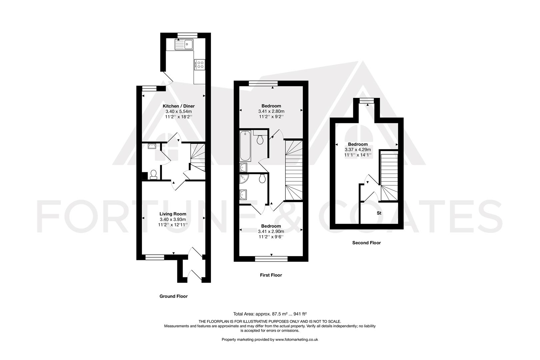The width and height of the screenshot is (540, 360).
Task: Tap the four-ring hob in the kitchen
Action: point(200,64)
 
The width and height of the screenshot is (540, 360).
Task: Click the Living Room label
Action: point(173,214)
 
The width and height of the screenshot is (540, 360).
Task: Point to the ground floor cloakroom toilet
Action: point(154,174)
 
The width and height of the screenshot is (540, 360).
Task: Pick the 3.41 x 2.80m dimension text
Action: point(271,111)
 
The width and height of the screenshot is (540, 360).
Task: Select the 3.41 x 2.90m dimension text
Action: point(271,231)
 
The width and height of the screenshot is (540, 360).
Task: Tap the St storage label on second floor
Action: point(379,213)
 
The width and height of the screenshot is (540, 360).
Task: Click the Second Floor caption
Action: point(366,243)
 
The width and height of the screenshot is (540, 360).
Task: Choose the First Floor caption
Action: point(271,275)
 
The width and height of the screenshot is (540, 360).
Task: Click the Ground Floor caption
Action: point(173,296)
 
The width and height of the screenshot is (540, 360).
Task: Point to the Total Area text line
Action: point(270,314)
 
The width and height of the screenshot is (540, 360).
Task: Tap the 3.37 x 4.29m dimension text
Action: point(358,150)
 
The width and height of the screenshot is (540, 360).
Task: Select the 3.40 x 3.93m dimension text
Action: point(173,219)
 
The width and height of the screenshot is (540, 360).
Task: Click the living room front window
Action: point(155,257)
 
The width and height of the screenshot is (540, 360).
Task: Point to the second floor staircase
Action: point(389,177)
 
